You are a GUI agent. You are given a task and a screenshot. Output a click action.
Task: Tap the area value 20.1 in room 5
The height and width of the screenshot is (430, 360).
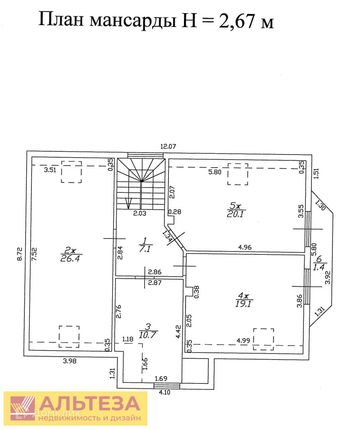tap(236, 215)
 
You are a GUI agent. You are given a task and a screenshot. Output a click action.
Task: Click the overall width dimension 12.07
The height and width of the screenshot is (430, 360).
tap(168, 146)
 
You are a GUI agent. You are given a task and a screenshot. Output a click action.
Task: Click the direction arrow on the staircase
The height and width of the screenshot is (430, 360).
tap(127, 204)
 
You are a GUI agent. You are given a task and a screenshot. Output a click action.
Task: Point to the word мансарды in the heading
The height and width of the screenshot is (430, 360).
tap(133, 20)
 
